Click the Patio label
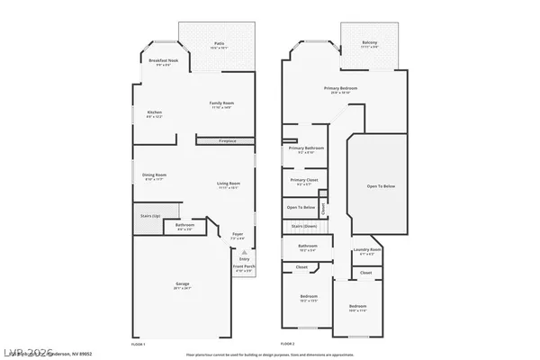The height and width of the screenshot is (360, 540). click(219, 43)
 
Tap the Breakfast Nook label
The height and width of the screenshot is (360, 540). click(163, 60)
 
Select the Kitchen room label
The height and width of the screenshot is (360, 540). click(155, 112)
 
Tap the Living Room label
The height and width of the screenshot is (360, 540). click(229, 184)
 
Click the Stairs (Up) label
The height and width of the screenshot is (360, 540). click(149, 216)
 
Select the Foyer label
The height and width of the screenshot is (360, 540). click(238, 234)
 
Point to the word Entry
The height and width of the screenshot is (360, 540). click(244, 259)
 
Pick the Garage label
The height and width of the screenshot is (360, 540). click(182, 284)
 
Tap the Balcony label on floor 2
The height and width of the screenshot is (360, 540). click(370, 43)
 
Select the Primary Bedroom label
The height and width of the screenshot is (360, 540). click(341, 88)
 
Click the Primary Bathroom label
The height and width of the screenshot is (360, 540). click(303, 148)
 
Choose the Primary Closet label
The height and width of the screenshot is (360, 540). click(303, 180)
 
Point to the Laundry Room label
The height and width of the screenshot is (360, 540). click(366, 250)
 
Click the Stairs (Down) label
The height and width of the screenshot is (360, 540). click(303, 226)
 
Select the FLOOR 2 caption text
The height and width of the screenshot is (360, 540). click(287, 345)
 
